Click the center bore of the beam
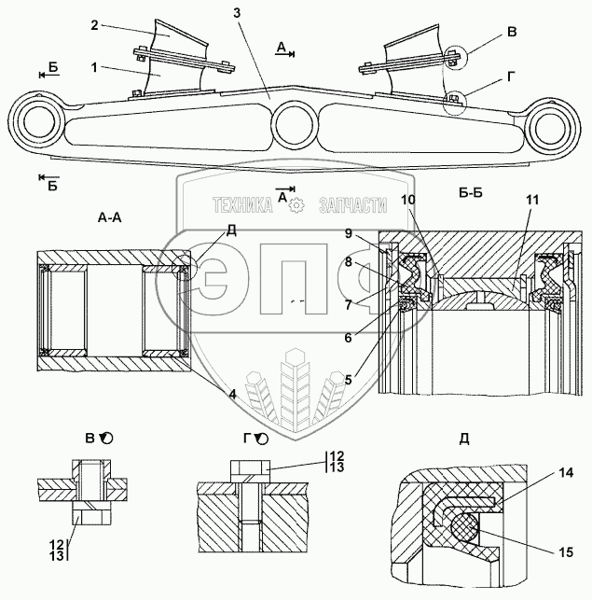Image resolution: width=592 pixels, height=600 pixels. tap(294, 122)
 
